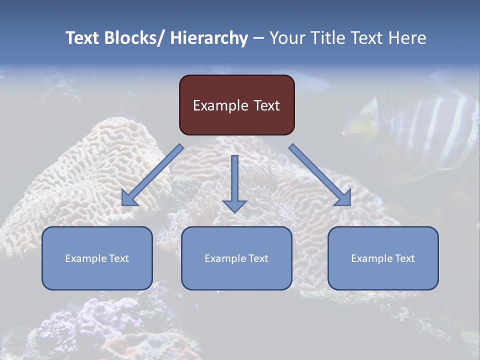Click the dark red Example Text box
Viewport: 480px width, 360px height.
236,105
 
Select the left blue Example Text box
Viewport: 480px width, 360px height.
97,258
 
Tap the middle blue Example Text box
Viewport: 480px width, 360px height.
236,258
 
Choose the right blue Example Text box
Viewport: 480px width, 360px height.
383,258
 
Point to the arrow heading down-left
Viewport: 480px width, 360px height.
152,175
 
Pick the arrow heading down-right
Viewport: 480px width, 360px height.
320,175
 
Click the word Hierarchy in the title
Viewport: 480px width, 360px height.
209,38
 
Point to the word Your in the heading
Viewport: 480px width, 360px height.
286,38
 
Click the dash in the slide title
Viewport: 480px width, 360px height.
258,38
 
